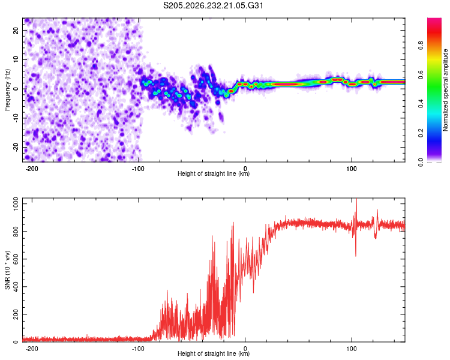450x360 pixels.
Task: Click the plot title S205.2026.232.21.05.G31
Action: click(213, 5)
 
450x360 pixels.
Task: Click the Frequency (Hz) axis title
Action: click(7, 90)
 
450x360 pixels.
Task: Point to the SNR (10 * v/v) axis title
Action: click(7, 270)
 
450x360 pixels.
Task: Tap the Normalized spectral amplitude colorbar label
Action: click(445, 90)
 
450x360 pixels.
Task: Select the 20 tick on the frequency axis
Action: click(16, 30)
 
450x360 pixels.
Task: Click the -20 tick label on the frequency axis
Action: click(16, 147)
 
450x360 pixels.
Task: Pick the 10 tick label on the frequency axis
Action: click(16, 59)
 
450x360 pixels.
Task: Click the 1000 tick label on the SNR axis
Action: click(16, 204)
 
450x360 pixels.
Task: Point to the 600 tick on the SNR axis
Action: click(16, 259)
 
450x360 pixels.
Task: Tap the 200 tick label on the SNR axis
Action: click(16, 314)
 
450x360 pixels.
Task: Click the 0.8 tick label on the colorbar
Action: click(421, 45)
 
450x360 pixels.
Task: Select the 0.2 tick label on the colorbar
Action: click(421, 133)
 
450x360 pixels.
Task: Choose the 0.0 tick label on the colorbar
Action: click(421, 162)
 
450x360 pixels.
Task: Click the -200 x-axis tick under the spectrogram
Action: click(32, 169)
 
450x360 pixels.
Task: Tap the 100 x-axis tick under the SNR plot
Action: click(351, 349)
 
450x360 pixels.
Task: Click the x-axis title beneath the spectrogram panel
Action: click(214, 173)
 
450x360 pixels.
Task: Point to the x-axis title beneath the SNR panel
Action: click(214, 353)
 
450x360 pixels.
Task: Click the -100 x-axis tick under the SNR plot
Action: click(138, 349)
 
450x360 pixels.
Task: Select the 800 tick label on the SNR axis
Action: click(16, 232)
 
